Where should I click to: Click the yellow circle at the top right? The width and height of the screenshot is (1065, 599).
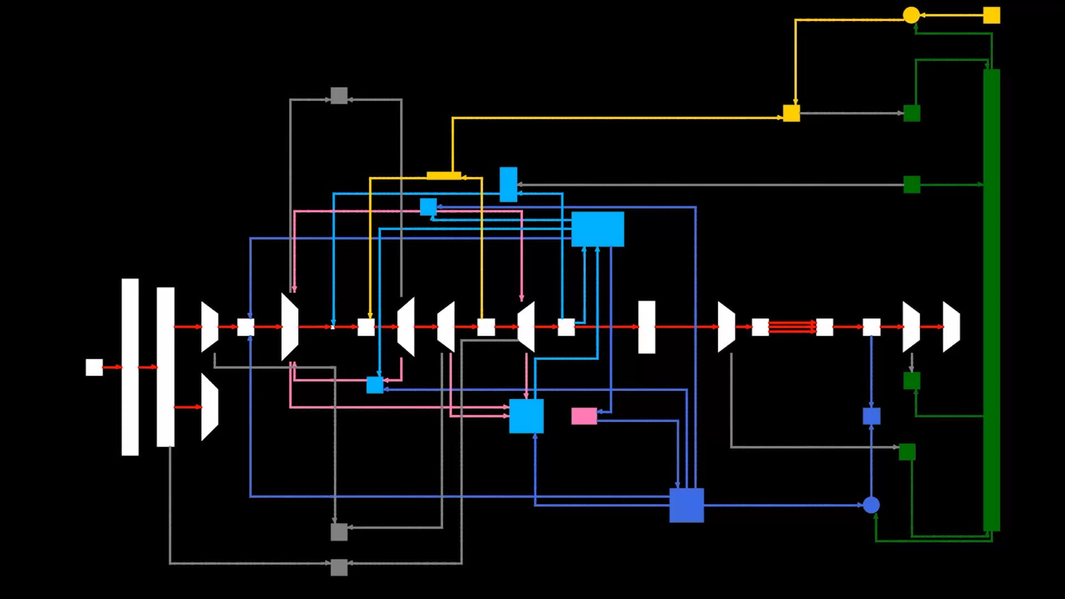[x=911, y=15]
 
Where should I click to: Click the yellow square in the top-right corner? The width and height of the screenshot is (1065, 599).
[x=991, y=15]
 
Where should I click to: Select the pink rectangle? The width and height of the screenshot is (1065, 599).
[x=584, y=416]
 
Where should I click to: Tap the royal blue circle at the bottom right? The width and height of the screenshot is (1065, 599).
[x=871, y=505]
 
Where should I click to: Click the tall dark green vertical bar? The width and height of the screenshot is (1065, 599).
[x=991, y=299]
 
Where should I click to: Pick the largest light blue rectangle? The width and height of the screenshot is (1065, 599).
[x=597, y=229]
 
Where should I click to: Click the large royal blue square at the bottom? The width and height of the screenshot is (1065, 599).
[x=686, y=505]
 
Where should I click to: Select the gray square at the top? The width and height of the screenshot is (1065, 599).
[x=339, y=95]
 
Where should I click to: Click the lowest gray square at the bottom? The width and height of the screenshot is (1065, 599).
[x=339, y=567]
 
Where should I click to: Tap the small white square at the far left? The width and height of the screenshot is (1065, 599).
[x=94, y=367]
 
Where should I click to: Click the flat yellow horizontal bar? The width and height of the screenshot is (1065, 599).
[x=444, y=176]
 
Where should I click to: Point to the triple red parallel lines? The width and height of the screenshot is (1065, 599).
[x=792, y=327]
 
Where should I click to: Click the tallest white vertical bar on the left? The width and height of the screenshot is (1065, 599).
[x=130, y=367]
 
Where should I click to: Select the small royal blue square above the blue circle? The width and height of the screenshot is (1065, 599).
[x=871, y=416]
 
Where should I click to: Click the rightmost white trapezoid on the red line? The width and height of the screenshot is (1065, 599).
[x=951, y=327]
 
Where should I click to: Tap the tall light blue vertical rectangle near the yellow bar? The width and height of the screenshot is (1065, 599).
[x=508, y=184]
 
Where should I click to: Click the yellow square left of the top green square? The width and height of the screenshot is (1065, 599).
[x=791, y=113]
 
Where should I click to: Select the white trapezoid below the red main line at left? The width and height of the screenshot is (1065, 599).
[x=209, y=407]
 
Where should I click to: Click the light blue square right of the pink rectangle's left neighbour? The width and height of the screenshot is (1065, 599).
[x=526, y=416]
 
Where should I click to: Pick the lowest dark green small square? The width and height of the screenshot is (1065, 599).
[x=907, y=451]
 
